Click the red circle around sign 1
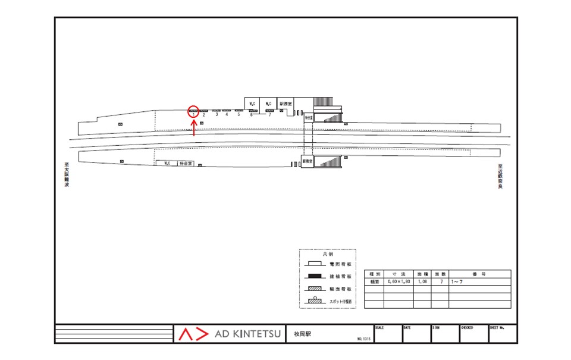click(x=193, y=111)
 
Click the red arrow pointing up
click(x=194, y=127)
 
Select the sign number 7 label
click(x=269, y=114)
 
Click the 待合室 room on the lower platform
click(x=186, y=163)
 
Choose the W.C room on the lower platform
click(x=167, y=163)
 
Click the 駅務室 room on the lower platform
click(x=307, y=161)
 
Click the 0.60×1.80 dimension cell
click(x=399, y=281)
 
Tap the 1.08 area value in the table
click(x=422, y=281)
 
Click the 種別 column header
click(x=374, y=274)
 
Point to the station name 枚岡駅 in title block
click(x=303, y=334)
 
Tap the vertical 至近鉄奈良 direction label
click(x=500, y=177)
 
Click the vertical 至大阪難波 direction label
click(x=67, y=176)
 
